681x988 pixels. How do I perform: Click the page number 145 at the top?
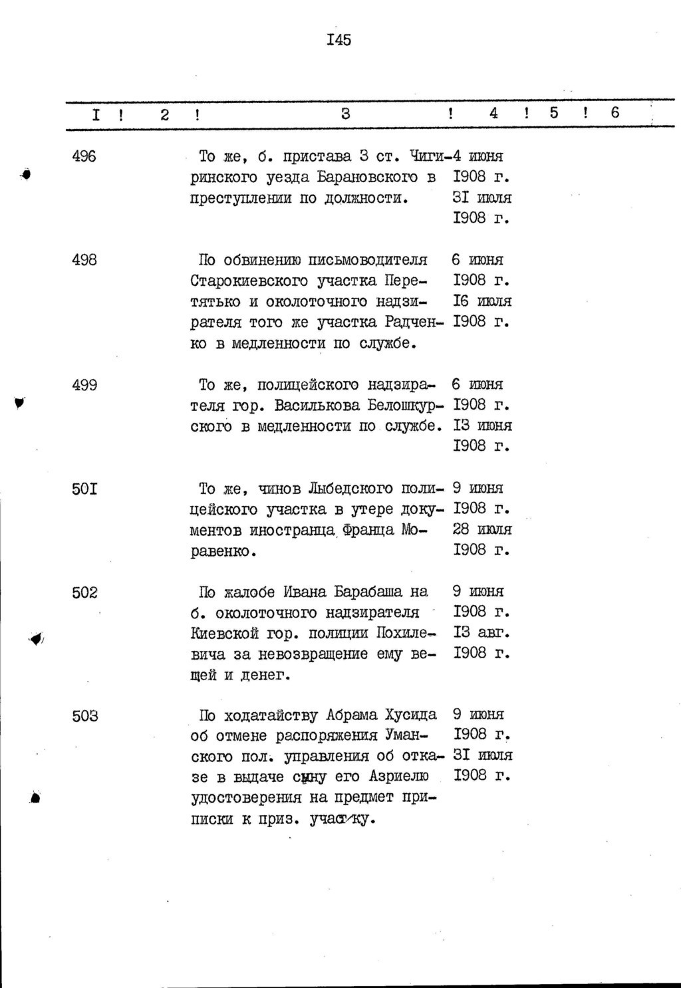point(339,40)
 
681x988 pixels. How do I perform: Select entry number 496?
point(84,157)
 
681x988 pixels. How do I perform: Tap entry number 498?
point(84,260)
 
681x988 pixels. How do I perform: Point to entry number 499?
point(84,385)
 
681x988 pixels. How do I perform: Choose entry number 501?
point(84,489)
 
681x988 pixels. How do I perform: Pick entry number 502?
point(84,592)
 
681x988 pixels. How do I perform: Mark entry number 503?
point(84,715)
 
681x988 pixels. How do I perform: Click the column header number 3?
point(345,114)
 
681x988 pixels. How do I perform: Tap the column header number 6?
point(614,113)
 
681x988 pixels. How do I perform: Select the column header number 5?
point(554,113)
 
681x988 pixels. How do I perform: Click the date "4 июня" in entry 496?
point(477,157)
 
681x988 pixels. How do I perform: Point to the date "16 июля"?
point(481,302)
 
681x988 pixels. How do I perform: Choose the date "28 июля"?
point(481,530)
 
